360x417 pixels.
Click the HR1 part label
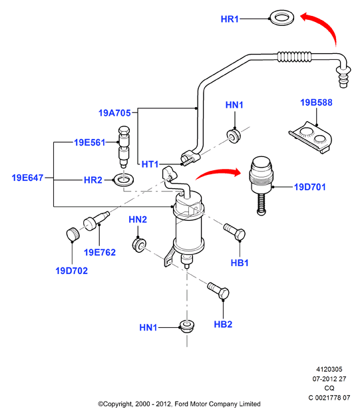click(230, 19)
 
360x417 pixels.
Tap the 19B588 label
click(316, 102)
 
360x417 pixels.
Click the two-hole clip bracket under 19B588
click(311, 137)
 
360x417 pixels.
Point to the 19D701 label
click(309, 187)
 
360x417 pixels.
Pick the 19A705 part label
click(114, 113)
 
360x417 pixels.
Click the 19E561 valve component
click(124, 146)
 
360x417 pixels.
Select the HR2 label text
click(93, 180)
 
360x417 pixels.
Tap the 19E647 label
click(27, 178)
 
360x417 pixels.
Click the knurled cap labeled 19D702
click(73, 234)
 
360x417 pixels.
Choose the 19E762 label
click(100, 252)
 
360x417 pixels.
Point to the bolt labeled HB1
click(234, 232)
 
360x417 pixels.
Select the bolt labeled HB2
click(218, 291)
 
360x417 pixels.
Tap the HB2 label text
click(223, 324)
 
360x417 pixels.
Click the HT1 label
click(150, 164)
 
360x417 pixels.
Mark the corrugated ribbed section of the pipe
click(294, 57)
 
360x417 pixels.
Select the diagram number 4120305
click(329, 369)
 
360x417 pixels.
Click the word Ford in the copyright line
click(181, 404)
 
